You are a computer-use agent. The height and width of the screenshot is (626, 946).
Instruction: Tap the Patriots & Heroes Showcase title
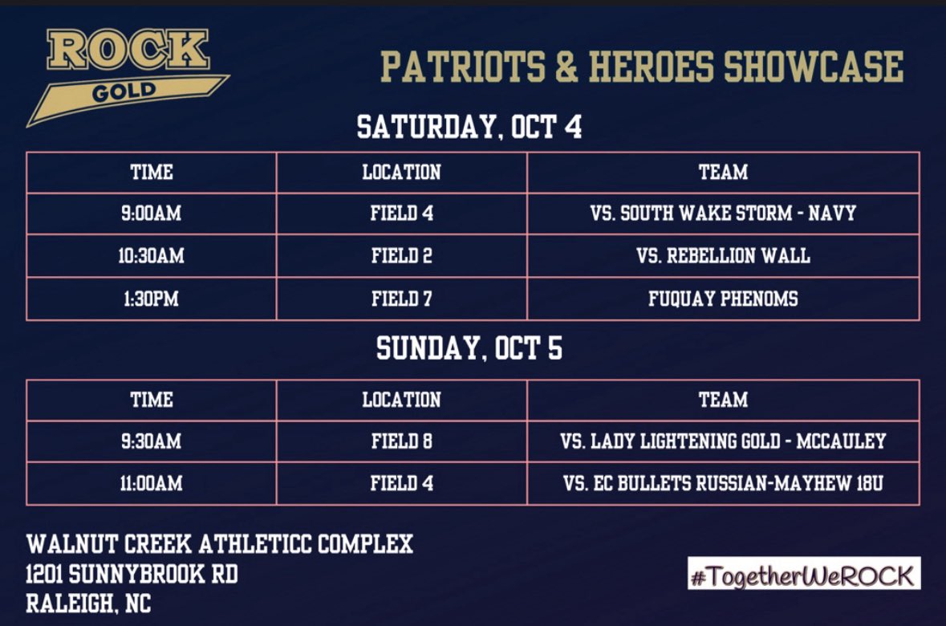642,67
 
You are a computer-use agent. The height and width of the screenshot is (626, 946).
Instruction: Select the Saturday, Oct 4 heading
469,127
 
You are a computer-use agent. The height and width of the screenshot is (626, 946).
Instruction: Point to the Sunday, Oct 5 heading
469,348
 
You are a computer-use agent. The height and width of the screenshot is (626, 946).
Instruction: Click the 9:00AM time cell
152,213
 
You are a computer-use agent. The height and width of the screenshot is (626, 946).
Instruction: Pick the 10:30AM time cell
152,256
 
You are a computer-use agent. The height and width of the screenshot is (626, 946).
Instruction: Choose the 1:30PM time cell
152,299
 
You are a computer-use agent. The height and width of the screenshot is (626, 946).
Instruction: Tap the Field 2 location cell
401,256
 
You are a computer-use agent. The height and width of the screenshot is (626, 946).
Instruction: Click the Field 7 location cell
401,299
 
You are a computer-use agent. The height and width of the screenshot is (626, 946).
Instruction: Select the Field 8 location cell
401,441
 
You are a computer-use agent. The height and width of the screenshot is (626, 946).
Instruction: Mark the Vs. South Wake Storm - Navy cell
723,213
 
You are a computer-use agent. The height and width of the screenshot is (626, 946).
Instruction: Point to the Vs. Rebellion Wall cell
723,256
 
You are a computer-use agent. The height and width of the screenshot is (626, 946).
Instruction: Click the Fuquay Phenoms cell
723,299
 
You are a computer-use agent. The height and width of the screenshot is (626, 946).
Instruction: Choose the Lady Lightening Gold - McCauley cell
723,441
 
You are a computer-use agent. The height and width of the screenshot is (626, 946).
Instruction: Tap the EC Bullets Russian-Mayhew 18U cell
723,483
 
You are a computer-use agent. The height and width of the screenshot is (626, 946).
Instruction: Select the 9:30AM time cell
152,441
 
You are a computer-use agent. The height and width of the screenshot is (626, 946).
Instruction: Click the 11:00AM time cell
152,483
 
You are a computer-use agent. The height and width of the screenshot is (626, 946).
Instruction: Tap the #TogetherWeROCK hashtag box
803,575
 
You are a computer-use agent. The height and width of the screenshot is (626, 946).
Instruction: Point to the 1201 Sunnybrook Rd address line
132,575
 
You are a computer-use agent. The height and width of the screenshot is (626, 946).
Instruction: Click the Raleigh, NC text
88,604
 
